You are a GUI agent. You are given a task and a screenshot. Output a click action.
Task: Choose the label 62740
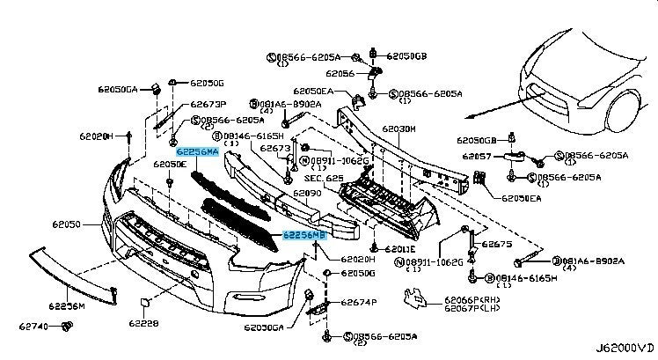(33, 327)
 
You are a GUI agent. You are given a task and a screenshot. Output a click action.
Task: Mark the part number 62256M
(66, 306)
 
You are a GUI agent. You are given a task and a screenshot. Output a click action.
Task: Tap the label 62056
(339, 74)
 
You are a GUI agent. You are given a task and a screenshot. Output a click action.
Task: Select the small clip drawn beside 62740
(66, 327)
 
